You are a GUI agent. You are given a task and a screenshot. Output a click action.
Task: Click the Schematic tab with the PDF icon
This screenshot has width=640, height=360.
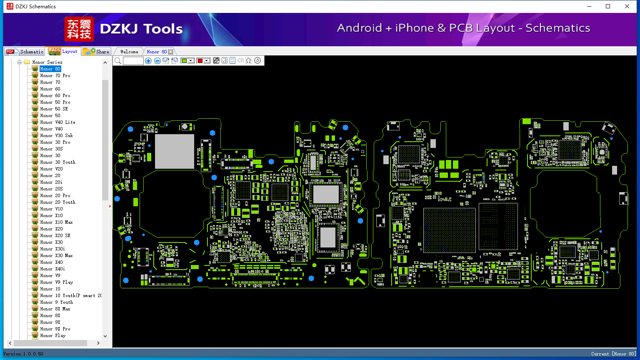[25, 52]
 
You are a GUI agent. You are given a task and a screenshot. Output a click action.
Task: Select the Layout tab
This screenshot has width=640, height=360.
[63, 51]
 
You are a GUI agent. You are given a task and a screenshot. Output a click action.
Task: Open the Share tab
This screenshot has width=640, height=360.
[96, 52]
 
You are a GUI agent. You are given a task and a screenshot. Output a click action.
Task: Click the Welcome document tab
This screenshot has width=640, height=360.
[129, 52]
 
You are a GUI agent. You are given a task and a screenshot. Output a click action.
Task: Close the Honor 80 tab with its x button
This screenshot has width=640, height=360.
[170, 52]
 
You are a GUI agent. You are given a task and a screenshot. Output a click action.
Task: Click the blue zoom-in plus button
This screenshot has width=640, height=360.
[148, 60]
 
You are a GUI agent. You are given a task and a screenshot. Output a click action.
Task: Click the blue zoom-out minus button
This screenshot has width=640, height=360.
[157, 60]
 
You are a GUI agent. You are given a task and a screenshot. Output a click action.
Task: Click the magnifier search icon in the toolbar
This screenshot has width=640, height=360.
[118, 60]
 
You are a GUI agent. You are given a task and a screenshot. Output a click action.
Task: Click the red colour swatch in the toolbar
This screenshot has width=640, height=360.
[200, 60]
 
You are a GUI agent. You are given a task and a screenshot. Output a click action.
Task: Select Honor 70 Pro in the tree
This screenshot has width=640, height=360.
[55, 75]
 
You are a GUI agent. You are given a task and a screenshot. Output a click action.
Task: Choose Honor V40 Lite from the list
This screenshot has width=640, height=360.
[58, 122]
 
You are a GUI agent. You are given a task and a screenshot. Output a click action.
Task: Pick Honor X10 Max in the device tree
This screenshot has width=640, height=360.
[56, 222]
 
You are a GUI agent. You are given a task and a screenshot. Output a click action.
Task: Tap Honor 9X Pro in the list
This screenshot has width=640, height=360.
[55, 329]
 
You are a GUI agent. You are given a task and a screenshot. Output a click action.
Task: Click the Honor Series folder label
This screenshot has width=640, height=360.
[47, 62]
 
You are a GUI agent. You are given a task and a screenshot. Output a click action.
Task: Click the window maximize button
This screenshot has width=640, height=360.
[608, 6]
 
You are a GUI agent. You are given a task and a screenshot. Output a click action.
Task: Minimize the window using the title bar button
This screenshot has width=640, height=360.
[589, 6]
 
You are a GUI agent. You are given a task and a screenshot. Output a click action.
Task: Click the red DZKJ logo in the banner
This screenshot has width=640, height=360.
[79, 29]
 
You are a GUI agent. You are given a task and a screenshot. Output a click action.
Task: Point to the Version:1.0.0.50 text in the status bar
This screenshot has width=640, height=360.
[23, 354]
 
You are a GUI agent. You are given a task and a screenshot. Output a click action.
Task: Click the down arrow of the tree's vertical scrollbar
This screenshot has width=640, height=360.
[105, 336]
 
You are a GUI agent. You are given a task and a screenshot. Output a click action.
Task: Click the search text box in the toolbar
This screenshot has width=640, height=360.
[133, 60]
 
